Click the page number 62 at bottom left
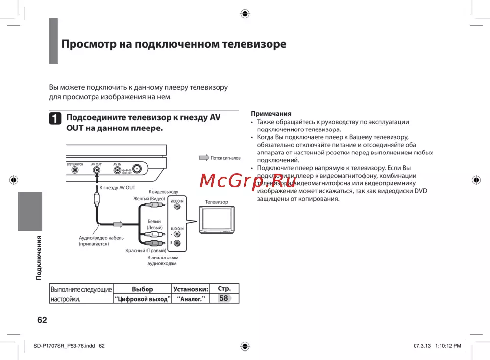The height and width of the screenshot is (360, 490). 42,320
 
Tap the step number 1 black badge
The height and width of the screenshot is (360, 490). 55,119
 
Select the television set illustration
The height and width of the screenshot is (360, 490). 216,220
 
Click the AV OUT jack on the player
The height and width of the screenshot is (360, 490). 97,170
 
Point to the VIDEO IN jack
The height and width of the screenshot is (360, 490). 177,207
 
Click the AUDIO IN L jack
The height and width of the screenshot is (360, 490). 177,234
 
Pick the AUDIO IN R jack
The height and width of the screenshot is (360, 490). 177,243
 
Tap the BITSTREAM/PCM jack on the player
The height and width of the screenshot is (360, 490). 75,170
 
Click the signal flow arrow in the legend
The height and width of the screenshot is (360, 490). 204,158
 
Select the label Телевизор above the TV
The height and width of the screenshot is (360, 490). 217,202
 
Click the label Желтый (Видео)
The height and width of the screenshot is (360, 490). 149,198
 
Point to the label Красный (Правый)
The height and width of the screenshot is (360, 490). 146,251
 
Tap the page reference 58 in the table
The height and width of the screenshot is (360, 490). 224,298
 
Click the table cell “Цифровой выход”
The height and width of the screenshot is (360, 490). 143,299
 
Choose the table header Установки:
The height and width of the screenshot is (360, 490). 191,289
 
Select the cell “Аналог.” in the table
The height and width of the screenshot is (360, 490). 191,299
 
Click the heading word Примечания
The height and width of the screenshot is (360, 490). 271,113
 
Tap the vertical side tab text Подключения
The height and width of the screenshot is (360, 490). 38,258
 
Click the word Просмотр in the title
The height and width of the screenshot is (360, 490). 88,44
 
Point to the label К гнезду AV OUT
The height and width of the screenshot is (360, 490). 118,188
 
